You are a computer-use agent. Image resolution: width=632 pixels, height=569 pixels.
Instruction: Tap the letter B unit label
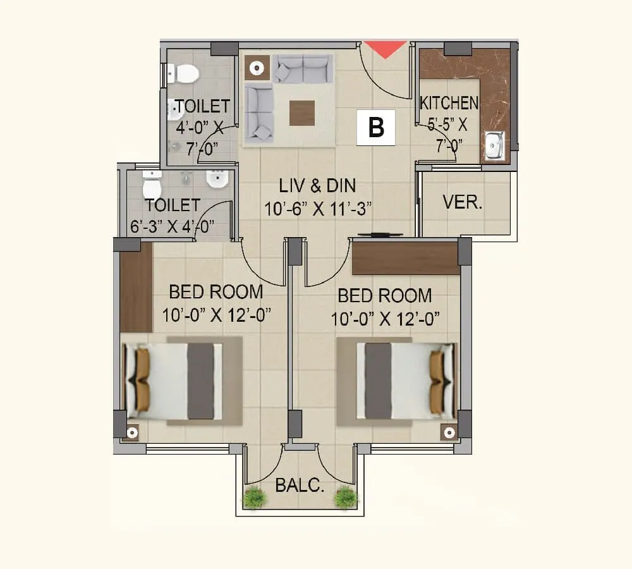[376, 128]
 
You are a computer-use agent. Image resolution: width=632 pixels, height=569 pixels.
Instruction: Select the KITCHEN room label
[449, 102]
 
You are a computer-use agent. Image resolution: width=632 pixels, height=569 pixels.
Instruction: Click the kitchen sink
[494, 146]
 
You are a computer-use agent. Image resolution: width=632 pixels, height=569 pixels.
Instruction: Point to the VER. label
[463, 203]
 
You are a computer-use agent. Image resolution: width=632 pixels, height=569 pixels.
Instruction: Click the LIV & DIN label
[317, 185]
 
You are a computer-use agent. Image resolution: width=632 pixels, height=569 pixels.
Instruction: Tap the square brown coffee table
[302, 113]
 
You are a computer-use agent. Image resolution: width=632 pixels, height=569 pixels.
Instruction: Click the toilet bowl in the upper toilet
[183, 73]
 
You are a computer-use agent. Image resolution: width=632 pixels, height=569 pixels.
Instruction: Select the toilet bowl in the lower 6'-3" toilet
[152, 186]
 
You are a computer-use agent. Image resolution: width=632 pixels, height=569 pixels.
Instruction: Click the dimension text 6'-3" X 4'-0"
[172, 226]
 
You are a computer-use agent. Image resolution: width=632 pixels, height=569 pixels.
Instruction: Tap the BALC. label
[300, 486]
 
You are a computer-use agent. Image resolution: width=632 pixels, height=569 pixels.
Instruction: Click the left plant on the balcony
[254, 498]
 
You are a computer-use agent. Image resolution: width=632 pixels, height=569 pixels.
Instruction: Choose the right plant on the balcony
[346, 498]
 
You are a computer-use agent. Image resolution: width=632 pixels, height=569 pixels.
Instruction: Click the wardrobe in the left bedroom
[136, 288]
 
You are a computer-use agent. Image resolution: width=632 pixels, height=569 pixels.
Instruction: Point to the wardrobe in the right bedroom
[405, 258]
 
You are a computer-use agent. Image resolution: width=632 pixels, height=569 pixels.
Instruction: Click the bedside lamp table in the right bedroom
[449, 432]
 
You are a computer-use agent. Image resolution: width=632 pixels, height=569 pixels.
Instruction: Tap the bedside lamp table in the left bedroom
[132, 432]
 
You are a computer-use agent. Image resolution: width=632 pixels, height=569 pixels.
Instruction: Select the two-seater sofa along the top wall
[302, 68]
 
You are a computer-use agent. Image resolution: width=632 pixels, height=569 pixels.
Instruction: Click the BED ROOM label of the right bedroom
[384, 295]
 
